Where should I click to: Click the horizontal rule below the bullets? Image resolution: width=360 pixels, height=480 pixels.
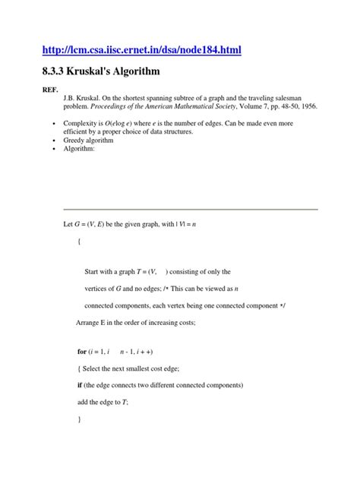(190, 208)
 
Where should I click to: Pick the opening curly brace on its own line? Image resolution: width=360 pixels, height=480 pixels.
(78, 242)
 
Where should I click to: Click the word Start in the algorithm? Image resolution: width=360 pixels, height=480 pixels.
(93, 271)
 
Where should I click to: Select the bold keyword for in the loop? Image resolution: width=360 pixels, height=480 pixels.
(82, 352)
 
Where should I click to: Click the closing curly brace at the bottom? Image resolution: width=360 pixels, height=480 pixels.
(78, 419)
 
